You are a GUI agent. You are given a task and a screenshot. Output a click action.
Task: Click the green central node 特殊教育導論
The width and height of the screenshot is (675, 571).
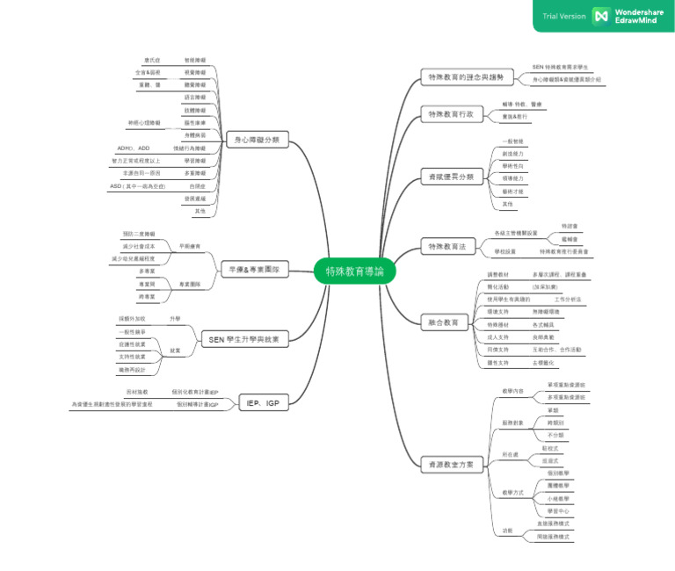355,271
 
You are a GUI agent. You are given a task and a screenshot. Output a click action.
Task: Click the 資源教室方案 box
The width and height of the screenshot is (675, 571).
451,464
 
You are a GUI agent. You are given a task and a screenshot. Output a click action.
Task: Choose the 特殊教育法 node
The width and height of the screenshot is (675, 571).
448,247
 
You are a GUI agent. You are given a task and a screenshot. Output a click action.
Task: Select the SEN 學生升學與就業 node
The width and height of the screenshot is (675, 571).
243,339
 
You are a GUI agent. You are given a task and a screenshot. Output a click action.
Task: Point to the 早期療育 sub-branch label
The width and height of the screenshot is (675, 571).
190,247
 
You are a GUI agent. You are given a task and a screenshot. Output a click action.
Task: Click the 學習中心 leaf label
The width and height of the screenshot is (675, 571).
557,510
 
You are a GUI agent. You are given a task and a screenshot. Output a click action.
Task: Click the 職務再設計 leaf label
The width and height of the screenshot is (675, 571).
131,369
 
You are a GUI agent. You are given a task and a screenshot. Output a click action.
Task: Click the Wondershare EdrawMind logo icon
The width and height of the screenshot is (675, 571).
601,16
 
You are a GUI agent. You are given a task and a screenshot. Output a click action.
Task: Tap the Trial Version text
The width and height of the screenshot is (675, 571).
563,16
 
